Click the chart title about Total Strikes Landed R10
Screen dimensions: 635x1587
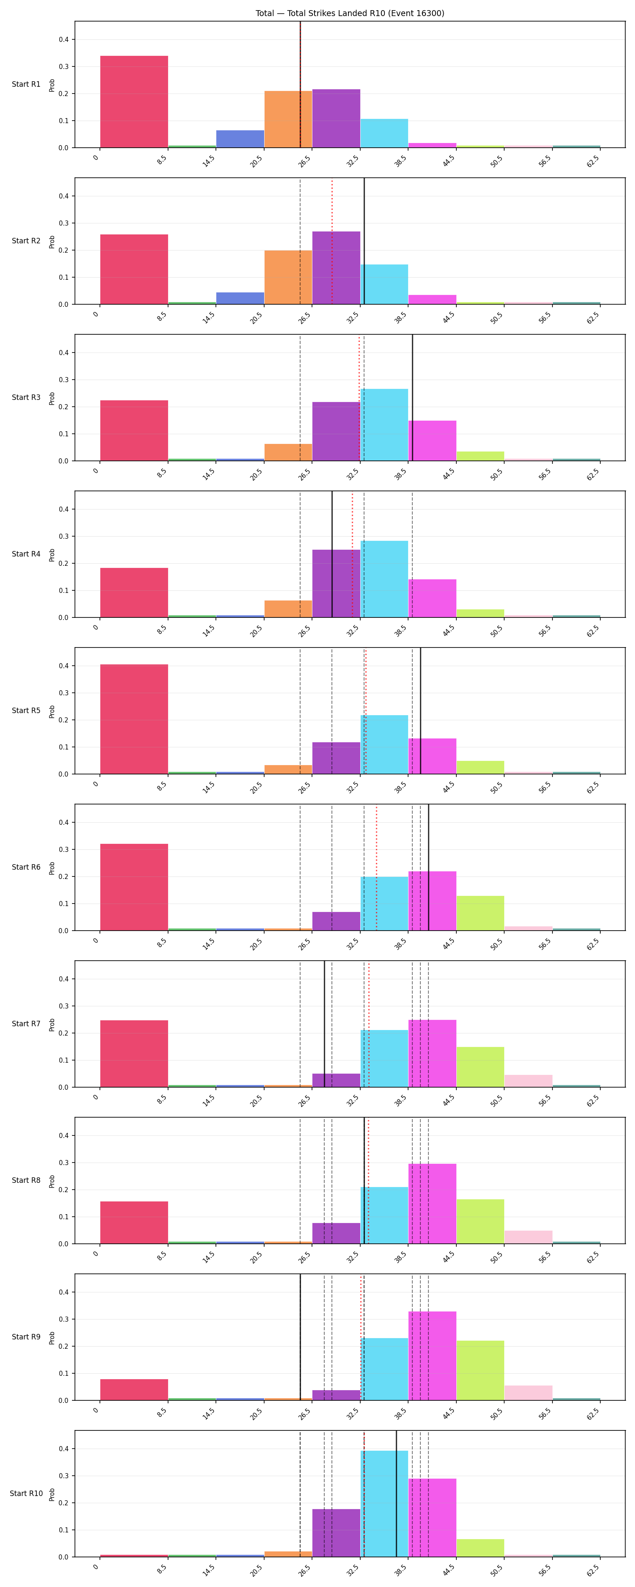click(x=350, y=13)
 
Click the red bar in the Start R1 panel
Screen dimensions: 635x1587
click(x=134, y=102)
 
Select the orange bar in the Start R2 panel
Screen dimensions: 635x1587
click(x=288, y=277)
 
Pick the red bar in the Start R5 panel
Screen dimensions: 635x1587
click(x=134, y=719)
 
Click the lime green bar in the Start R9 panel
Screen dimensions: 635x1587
click(x=480, y=1370)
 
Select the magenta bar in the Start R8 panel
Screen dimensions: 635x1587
click(x=432, y=1204)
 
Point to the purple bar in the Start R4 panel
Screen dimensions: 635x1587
click(x=336, y=584)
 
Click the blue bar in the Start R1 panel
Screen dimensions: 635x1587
click(x=240, y=139)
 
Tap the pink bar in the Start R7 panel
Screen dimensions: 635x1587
click(x=528, y=1081)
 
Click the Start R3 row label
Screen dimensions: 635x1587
click(x=26, y=397)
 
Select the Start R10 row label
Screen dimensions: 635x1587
click(x=27, y=1493)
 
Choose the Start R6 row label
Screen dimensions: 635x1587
click(x=26, y=867)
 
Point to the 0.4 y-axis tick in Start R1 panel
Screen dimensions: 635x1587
click(x=63, y=39)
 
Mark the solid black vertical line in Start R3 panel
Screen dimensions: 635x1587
click(x=412, y=397)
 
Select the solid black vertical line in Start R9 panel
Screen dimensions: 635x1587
click(x=300, y=1337)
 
